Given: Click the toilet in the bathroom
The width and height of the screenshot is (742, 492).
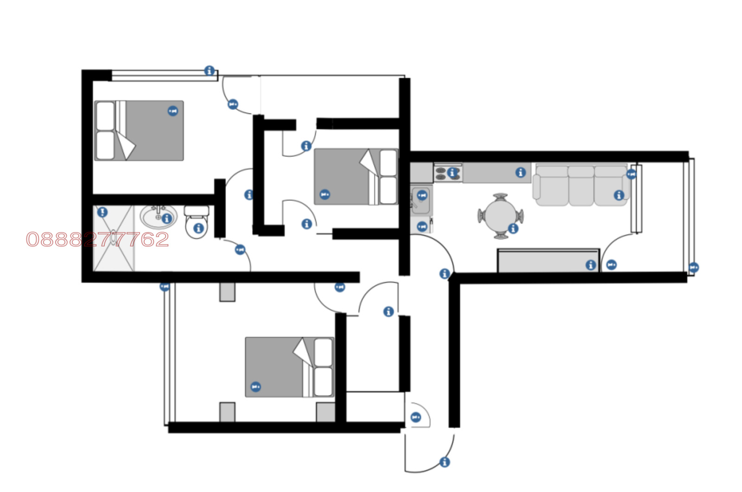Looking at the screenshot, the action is [197, 221].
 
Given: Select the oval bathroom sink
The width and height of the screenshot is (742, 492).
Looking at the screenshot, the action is [159, 217].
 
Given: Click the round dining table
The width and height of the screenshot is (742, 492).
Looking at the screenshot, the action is [500, 216].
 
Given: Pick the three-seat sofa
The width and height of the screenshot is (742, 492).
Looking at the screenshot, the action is [582, 186].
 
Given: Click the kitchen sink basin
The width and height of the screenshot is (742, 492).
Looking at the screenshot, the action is [421, 201].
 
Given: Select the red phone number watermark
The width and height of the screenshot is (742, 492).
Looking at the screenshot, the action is [97, 240].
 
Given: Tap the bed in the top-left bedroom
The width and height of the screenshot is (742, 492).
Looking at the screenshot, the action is [139, 130].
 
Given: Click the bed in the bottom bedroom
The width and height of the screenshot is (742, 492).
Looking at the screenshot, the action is [289, 367].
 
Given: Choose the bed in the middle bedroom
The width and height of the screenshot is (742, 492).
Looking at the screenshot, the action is [356, 177].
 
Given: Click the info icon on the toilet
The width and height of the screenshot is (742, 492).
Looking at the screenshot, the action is [198, 228].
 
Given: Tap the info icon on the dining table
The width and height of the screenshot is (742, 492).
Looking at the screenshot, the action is [513, 228].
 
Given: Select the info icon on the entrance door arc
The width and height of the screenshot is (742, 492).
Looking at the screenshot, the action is [445, 462].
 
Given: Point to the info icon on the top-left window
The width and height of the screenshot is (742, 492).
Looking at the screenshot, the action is [209, 71].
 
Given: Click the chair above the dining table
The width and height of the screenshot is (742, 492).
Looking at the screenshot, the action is [500, 197].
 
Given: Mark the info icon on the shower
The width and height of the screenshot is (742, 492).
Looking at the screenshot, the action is [102, 212].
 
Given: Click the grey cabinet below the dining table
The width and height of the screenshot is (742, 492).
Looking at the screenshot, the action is [549, 260].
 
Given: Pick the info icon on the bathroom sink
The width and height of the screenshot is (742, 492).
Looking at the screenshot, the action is [167, 219].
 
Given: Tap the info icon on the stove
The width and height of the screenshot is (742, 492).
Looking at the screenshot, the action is [453, 172].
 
